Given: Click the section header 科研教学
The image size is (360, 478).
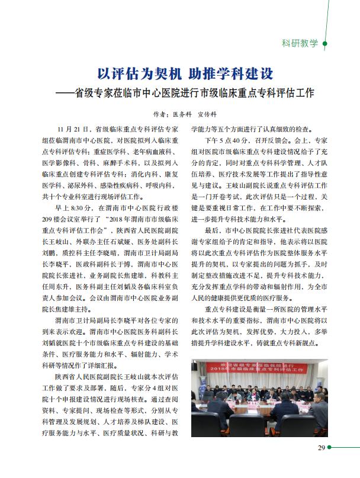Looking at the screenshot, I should click(300, 43).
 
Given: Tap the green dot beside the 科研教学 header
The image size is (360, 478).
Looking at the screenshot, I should click(324, 43).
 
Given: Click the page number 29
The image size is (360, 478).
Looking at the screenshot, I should click(320, 447).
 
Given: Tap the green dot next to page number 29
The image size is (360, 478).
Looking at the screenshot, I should click(330, 447).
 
